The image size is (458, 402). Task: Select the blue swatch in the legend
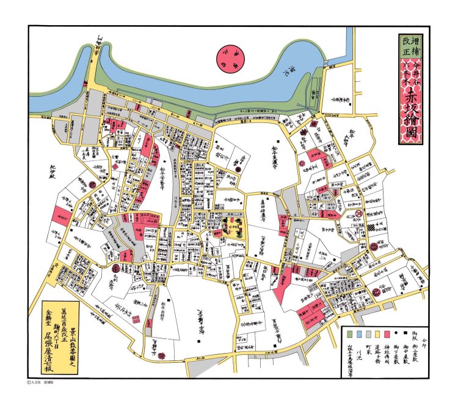click(359, 334)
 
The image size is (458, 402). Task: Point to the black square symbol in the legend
click(404, 334)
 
